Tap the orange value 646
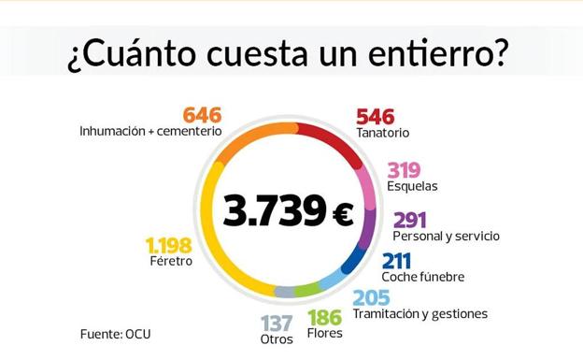click(201, 115)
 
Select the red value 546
click(375, 117)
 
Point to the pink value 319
click(404, 170)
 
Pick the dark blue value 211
click(397, 261)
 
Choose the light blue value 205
click(370, 297)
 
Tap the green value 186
click(324, 317)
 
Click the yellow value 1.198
click(168, 245)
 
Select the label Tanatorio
click(382, 133)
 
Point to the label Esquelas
click(412, 186)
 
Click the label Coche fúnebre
click(422, 277)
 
